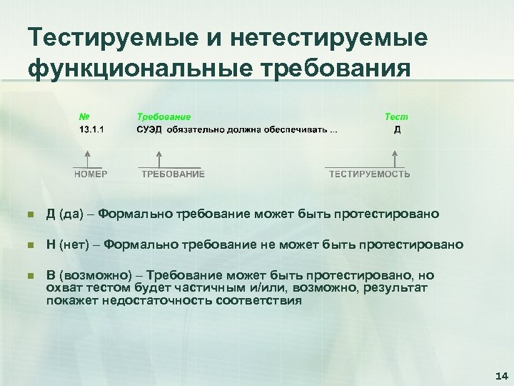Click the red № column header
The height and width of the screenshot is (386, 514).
click(84, 117)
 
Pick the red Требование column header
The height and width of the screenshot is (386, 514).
click(163, 117)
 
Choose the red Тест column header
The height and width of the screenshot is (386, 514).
click(396, 117)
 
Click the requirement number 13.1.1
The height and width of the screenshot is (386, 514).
click(91, 129)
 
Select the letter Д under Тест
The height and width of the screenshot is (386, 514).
click(397, 129)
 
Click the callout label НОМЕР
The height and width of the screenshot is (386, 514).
click(91, 174)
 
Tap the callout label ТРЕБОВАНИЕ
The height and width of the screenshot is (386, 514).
click(173, 174)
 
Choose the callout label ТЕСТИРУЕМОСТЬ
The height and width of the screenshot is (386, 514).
click(369, 174)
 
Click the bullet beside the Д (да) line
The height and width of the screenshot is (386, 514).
click(28, 214)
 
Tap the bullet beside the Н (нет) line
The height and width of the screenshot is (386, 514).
click(28, 245)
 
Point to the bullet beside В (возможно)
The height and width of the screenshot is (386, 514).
click(28, 276)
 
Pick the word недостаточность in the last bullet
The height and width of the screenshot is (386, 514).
click(179, 300)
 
